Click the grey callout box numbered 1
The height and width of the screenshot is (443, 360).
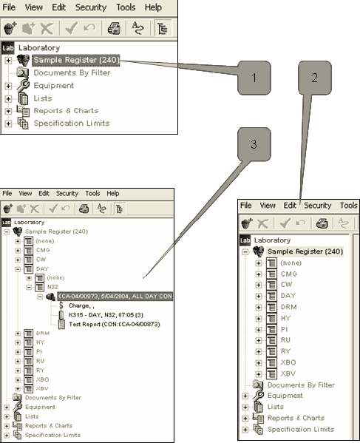pos(254,78)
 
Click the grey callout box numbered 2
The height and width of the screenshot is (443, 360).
pos(316,77)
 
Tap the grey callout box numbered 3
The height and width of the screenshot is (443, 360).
pos(254,144)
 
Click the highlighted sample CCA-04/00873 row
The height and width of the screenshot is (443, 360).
pos(115,297)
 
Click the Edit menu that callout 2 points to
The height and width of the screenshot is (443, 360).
pos(290,206)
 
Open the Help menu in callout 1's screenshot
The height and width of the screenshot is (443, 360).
pos(153,7)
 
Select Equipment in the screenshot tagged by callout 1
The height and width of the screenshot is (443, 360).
pos(53,85)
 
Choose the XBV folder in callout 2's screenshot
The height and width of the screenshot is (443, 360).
pos(288,374)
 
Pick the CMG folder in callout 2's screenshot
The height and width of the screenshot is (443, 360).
pos(288,274)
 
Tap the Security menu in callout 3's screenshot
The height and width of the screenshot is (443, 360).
pos(67,193)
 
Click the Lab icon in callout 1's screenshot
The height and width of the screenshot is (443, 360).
pos(8,47)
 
